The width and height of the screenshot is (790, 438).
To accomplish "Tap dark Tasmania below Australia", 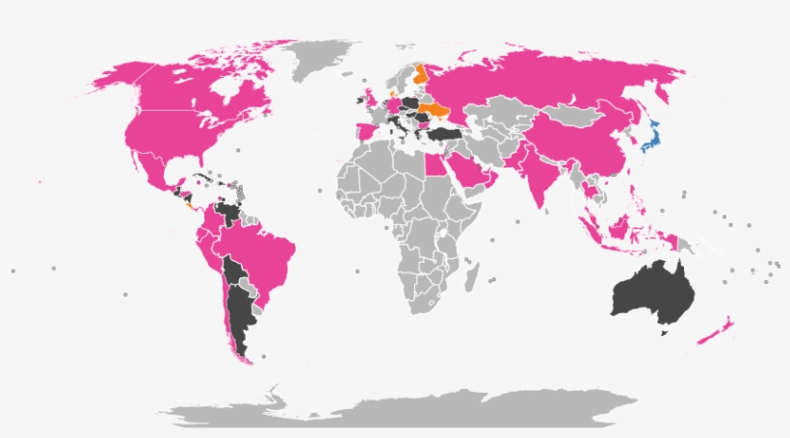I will click(x=664, y=332).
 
